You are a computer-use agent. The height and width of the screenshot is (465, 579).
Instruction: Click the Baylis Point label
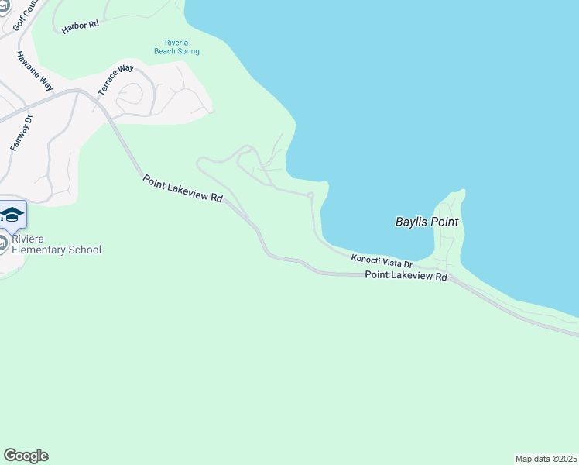tap(427, 222)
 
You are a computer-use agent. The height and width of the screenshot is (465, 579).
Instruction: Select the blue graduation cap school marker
tap(12, 214)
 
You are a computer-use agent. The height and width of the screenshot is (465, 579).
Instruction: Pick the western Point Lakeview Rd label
tap(183, 189)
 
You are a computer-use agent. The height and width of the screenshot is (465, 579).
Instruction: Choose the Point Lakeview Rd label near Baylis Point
tap(406, 276)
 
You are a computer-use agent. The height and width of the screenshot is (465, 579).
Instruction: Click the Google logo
tap(26, 456)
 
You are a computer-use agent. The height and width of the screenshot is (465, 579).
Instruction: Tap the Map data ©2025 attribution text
tap(546, 459)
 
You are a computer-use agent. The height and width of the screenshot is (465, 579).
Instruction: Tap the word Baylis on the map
tap(411, 222)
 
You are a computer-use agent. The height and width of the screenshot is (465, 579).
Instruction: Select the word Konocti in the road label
tap(365, 259)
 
